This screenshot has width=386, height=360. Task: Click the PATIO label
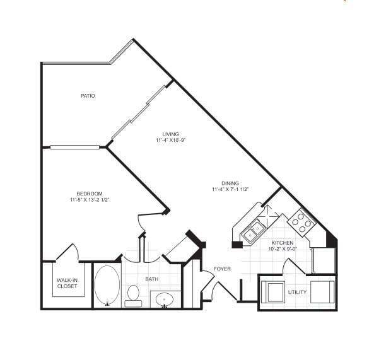click(x=88, y=96)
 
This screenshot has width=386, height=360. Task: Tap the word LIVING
click(x=170, y=134)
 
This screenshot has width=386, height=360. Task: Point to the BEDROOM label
click(x=90, y=194)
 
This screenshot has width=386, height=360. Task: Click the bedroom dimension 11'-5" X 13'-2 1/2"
click(x=90, y=200)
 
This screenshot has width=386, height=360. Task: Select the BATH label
click(x=151, y=279)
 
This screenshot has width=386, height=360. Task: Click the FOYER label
click(x=222, y=269)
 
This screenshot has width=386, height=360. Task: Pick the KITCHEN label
click(x=283, y=243)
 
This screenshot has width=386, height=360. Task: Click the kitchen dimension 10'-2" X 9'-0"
click(x=283, y=249)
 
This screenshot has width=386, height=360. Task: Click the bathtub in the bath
click(x=107, y=286)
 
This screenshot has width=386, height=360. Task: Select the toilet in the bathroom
click(x=133, y=294)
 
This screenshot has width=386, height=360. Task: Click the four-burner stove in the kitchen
click(x=302, y=221)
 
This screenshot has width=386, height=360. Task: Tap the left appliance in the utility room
click(x=274, y=292)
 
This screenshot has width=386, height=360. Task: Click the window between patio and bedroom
click(x=74, y=148)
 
